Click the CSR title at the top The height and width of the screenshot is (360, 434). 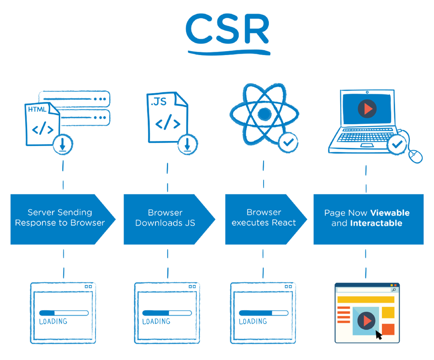coord(227,30)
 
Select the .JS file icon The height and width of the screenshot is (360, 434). coord(166,117)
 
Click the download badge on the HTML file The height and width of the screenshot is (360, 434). coord(63,144)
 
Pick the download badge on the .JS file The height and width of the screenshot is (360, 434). coord(187,144)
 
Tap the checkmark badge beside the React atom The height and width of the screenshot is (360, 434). coord(289,142)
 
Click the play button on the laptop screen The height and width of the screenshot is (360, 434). coord(367,109)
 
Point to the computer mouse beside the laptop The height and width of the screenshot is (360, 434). coord(415,156)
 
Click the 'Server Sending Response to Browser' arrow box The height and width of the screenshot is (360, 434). coord(60,218)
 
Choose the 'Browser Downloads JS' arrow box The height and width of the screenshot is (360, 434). coord(166,218)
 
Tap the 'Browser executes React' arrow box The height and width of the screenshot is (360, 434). coord(264,218)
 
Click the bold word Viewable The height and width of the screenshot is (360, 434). coord(390,213)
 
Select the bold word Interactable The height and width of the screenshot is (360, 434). coord(376,223)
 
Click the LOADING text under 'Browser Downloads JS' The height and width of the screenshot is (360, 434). coord(156,321)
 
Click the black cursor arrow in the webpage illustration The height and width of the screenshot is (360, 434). coord(378,334)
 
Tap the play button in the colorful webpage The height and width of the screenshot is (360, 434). coord(366,320)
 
